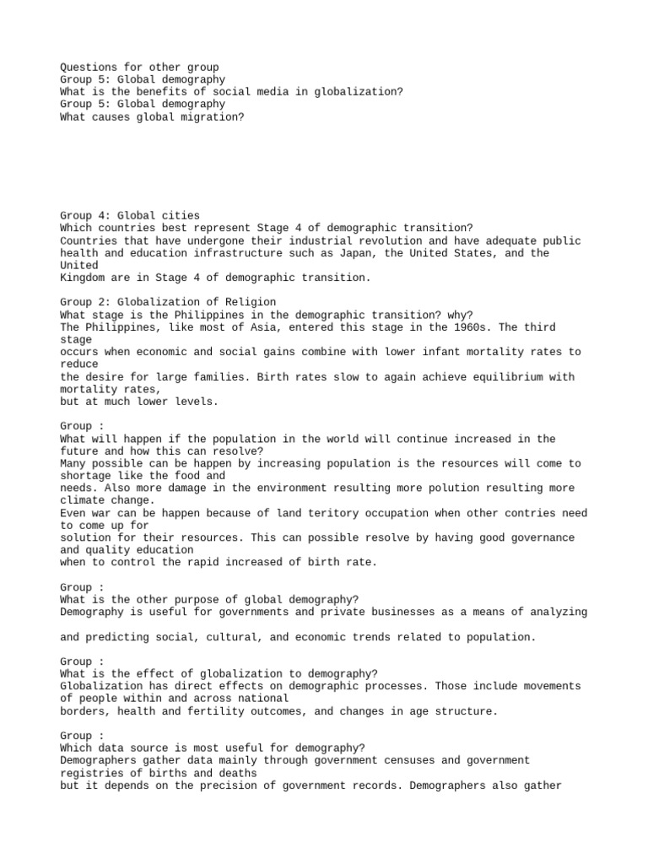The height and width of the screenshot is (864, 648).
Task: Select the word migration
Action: tap(215, 117)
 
